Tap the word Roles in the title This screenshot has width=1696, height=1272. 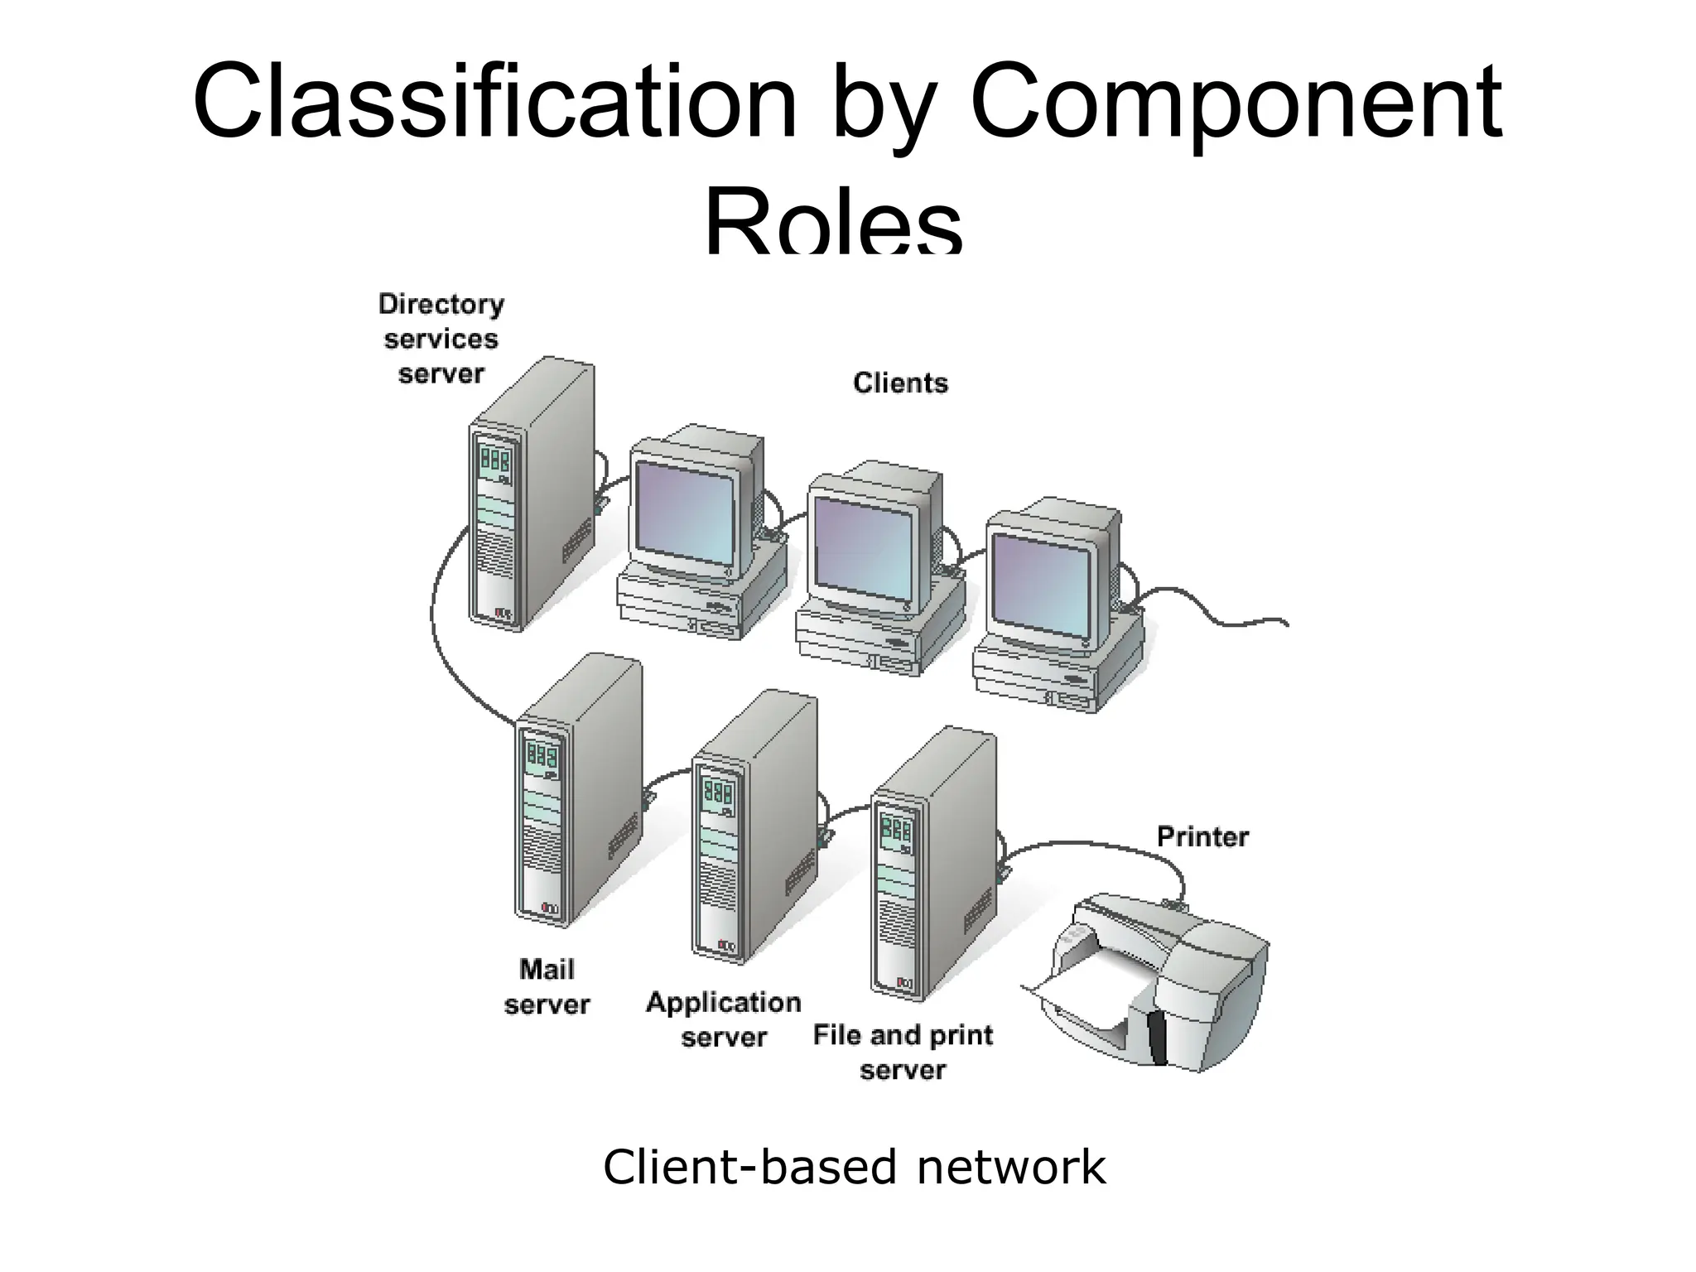coord(833,224)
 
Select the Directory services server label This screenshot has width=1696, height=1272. coord(441,339)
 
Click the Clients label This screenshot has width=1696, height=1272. coord(900,383)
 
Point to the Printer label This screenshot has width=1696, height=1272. coord(1202,836)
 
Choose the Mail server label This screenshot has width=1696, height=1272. coord(547,986)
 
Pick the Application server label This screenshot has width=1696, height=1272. coord(723,1019)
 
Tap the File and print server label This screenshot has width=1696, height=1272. coord(903,1052)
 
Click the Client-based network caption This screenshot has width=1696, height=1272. coord(854,1167)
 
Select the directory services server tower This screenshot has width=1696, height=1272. coord(530,497)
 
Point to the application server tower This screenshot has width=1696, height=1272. coord(754,828)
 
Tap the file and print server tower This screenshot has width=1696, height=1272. coord(932,865)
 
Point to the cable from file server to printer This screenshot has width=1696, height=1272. coord(1093,845)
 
